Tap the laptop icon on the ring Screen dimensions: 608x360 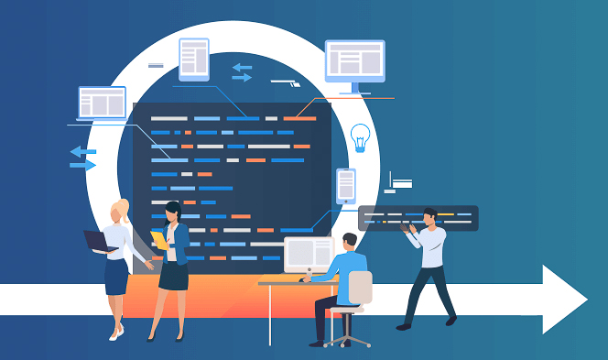pos(102,103)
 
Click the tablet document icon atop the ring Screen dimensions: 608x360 pos(194,58)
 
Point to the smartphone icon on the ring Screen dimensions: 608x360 pos(345,185)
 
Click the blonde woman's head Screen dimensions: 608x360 pos(120,211)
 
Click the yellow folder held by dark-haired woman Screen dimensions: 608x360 pos(160,239)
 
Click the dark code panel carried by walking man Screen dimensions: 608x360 pos(418,218)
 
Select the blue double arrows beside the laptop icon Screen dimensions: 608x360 pos(83,158)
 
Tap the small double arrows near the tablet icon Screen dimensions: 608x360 pos(242,72)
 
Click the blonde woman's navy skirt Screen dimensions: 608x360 pos(116,277)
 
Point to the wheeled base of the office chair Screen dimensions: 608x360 pos(347,338)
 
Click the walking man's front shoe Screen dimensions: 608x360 pos(404,325)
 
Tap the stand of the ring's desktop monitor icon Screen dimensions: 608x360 pos(353,90)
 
